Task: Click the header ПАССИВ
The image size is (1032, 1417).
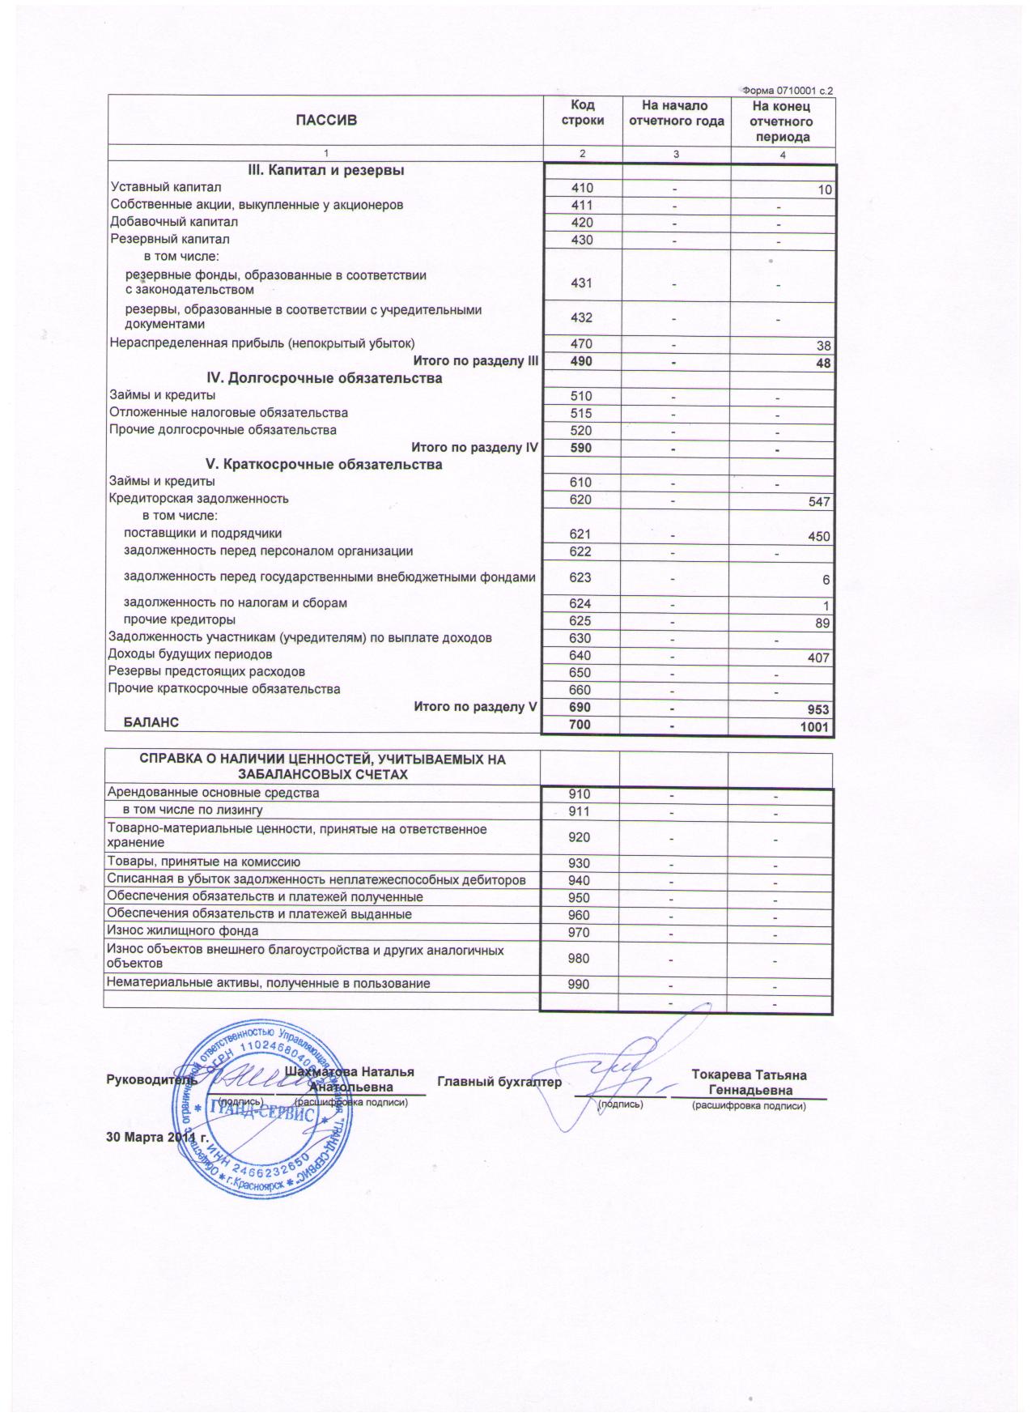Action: [x=325, y=121]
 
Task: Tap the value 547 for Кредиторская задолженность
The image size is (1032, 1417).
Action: [x=819, y=502]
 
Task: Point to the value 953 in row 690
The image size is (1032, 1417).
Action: [x=818, y=710]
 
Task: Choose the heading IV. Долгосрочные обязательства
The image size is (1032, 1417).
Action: [x=325, y=378]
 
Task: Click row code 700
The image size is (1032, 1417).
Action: [x=580, y=725]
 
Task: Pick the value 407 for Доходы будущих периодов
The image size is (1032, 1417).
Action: [x=818, y=657]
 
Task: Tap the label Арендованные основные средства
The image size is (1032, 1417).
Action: [x=214, y=793]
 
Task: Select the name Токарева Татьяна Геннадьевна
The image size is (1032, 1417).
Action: [x=749, y=1083]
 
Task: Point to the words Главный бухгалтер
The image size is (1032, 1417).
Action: [x=499, y=1082]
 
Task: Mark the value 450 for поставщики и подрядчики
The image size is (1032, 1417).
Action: [x=819, y=537]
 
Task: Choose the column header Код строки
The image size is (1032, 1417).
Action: [x=582, y=113]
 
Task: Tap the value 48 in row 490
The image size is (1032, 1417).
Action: [x=823, y=364]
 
